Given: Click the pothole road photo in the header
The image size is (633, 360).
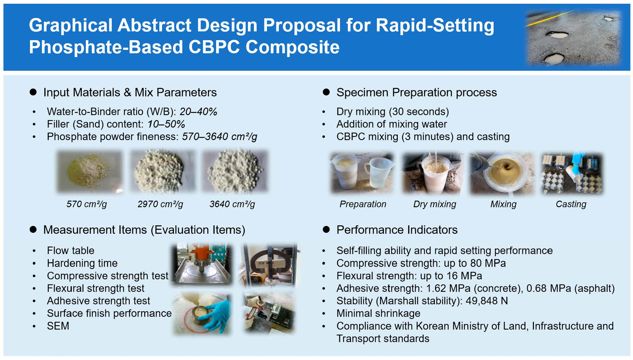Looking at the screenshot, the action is pos(573,37).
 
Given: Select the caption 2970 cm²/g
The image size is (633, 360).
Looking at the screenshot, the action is pos(160,204).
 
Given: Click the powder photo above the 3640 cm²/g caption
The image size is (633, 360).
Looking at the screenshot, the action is pos(235,172).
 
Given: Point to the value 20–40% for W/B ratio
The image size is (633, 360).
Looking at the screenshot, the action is pos(198,112).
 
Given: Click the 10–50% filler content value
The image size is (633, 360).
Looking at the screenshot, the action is pos(166,124).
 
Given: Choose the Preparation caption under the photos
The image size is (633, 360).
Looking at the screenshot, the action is pos(363,204).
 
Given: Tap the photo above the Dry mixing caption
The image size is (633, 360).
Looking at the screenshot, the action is pos(433,173).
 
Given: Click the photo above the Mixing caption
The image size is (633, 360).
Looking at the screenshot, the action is pos(502,173).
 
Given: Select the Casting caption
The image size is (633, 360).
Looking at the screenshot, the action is pos(571,204).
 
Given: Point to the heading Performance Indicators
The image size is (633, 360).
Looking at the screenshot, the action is pos(397,230).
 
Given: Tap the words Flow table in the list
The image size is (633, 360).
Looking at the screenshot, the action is pos(71,251).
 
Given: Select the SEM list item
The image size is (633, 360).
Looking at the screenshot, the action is pos(58,326).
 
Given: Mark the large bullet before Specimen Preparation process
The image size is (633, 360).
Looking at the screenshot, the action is pos(326,92).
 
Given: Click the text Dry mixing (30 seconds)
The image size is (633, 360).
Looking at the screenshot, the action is pos(393,112).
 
